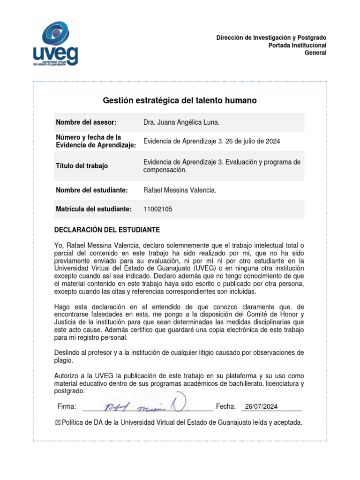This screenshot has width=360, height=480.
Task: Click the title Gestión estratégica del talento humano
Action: tap(180, 100)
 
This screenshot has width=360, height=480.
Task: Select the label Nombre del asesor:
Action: tap(86, 122)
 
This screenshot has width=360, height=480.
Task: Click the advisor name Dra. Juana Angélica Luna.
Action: tap(181, 122)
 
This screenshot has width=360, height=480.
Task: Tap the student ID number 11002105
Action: tap(157, 210)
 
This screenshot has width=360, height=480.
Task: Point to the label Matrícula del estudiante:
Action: tap(94, 209)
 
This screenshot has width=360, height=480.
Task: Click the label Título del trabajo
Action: tap(82, 166)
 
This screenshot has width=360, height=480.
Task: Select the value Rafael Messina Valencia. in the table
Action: tap(180, 190)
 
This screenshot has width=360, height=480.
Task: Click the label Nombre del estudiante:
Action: tap(92, 190)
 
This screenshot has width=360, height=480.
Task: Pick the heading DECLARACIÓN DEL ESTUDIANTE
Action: tap(107, 230)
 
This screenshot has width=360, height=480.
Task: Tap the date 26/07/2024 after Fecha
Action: tap(261, 406)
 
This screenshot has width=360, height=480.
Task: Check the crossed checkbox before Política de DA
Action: tap(58, 423)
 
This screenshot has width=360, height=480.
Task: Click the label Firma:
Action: tap(67, 406)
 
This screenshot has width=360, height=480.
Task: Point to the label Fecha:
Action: tap(226, 406)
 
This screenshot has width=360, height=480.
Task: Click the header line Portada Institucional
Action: tap(297, 45)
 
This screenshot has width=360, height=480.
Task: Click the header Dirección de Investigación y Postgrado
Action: tap(271, 37)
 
